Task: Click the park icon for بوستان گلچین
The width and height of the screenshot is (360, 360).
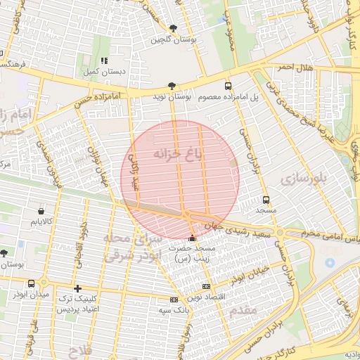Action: tap(173, 28)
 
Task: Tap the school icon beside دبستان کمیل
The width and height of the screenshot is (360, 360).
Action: tap(105, 60)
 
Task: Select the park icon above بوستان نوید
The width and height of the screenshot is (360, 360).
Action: tap(172, 84)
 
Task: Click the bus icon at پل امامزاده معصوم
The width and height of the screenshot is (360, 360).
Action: tap(227, 85)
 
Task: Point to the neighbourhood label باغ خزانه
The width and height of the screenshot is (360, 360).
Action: tap(178, 154)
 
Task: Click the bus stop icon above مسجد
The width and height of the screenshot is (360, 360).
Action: tap(265, 199)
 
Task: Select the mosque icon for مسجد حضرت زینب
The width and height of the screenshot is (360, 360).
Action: tap(193, 237)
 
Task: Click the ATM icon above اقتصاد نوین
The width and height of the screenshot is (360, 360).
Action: tap(206, 286)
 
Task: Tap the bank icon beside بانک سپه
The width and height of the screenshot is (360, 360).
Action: tap(174, 299)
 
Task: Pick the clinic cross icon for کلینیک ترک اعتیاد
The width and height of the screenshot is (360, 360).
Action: tap(77, 288)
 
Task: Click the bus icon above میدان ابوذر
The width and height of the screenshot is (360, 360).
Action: tap(31, 283)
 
